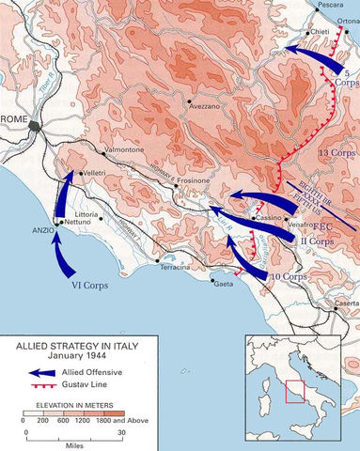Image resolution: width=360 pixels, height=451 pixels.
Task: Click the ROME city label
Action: point(15,118)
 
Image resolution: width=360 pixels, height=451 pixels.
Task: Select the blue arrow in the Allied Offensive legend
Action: point(28,372)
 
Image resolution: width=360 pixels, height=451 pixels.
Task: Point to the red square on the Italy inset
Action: point(296,388)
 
